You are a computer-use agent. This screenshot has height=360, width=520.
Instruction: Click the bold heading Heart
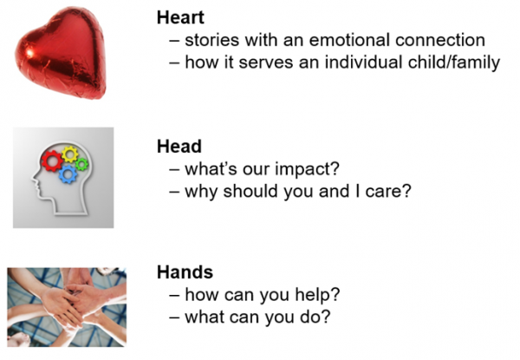pos(180,17)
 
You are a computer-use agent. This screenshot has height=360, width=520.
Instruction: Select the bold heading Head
pos(179,147)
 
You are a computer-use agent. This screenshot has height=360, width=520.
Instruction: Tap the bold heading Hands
pos(185,272)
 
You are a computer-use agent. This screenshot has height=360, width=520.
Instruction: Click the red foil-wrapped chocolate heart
pos(62,53)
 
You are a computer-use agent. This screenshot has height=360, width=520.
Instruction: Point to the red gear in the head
pos(52,161)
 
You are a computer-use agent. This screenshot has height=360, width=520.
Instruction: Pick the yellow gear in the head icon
pos(69,154)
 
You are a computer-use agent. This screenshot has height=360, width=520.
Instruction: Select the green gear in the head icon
pos(81,164)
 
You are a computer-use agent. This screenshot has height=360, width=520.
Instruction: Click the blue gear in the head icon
pos(68,173)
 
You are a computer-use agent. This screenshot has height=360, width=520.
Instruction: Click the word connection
pos(440,40)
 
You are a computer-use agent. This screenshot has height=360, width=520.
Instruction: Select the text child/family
pos(454,63)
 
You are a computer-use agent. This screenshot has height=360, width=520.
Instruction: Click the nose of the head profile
pos(34,180)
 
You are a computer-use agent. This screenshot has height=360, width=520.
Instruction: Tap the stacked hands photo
pos(67,307)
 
